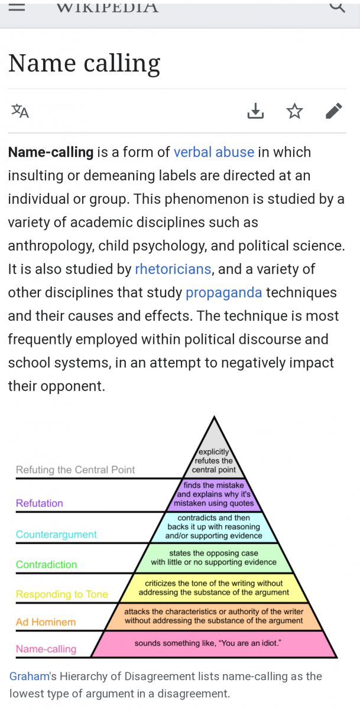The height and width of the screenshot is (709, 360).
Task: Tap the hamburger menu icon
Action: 17,7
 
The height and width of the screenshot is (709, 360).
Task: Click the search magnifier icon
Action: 338,6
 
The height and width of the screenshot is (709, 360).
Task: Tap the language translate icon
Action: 20,111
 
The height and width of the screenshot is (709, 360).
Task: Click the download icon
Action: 255,111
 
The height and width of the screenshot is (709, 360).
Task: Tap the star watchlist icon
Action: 294,111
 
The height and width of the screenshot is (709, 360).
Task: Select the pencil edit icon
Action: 334,111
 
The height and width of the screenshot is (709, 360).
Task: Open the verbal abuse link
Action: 214,152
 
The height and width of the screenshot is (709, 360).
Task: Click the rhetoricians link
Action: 173,269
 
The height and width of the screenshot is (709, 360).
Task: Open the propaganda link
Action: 223,293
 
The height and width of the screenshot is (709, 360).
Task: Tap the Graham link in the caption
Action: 30,677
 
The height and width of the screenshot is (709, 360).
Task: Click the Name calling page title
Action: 84,64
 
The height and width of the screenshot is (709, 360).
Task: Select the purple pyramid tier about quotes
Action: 214,495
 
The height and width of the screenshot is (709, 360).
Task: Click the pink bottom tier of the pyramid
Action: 214,644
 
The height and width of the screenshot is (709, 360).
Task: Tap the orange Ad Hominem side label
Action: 46,622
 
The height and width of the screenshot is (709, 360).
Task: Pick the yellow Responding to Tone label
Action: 62,594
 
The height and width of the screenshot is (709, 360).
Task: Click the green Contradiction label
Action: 46,565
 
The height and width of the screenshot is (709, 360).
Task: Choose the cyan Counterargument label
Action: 56,534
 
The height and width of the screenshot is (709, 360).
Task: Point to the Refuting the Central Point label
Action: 75,470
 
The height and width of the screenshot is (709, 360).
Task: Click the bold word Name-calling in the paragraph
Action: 51,152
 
